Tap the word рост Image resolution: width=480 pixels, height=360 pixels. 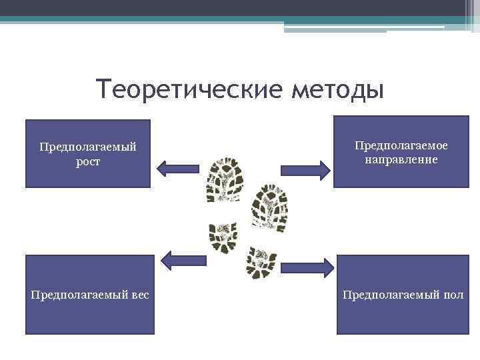click(x=87, y=161)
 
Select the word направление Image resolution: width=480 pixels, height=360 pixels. click(x=401, y=159)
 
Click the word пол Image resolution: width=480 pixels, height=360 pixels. click(x=451, y=294)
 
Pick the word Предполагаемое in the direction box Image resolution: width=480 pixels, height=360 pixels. click(x=401, y=145)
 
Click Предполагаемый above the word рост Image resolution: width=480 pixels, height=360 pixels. click(x=87, y=147)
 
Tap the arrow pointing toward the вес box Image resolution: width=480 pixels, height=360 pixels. click(x=183, y=259)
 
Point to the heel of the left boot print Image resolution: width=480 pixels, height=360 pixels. click(x=223, y=237)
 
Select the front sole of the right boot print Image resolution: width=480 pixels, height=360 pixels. click(x=268, y=204)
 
